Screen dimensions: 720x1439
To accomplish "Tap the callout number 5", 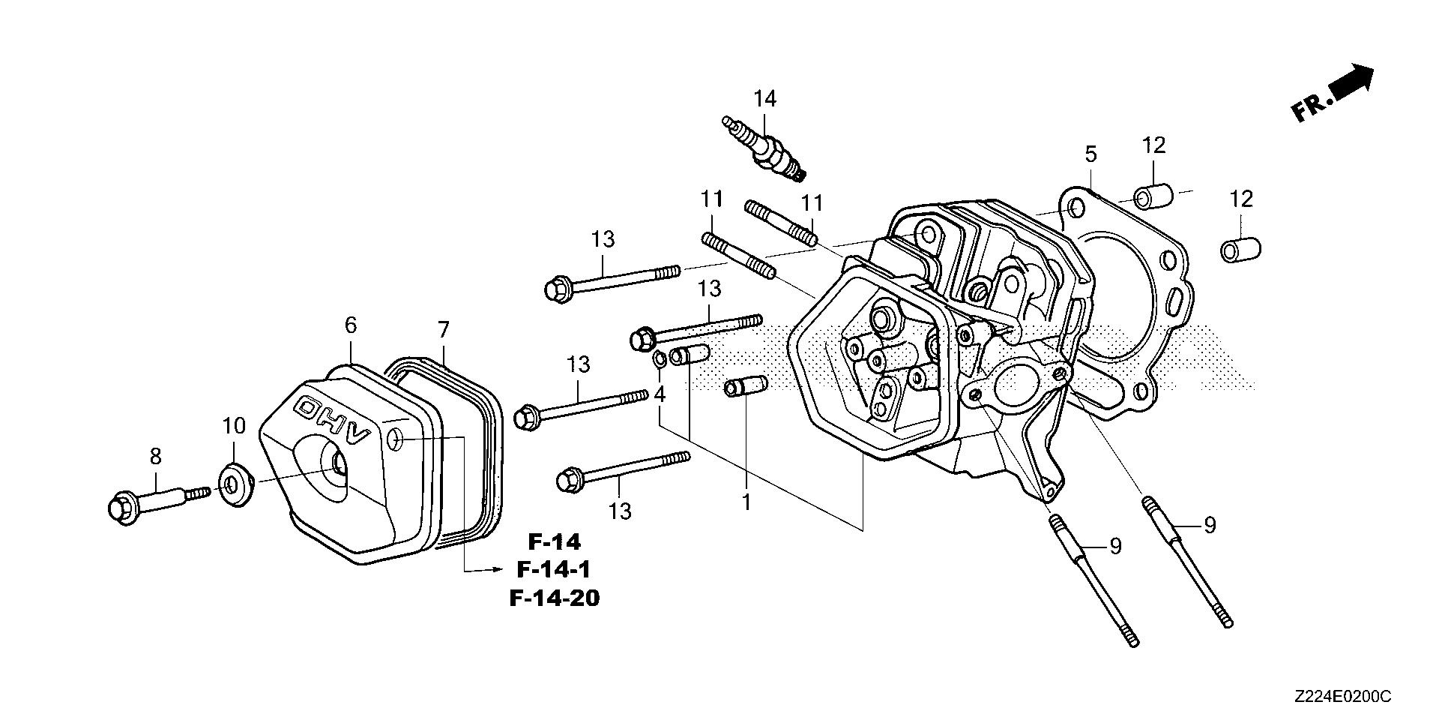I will pos(1090,154).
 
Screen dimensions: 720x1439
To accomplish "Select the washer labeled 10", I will pos(234,478).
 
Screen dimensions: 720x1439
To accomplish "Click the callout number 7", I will pos(443,330).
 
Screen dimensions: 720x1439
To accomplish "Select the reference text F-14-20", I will pos(554,598).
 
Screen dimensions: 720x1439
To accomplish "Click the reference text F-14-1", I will pos(554,570).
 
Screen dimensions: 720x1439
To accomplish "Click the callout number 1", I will pos(746,502).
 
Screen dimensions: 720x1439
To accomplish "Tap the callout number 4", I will pos(660,394).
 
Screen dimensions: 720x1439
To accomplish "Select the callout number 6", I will pos(351,325).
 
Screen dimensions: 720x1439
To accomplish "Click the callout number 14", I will pos(765,98).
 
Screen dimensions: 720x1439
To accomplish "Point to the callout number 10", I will pos(234,426).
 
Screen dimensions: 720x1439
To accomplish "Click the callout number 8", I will pos(156,455).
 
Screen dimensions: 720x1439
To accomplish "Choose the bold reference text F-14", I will pos(554,541).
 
